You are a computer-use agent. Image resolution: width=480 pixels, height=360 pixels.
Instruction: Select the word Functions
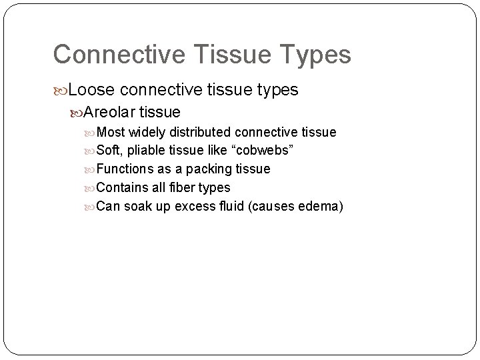click(125, 169)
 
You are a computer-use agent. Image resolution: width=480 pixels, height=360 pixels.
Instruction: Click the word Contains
click(122, 188)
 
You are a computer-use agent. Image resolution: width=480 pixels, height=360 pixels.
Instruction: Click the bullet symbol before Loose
click(61, 89)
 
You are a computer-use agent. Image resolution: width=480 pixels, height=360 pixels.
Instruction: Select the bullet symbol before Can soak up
click(91, 207)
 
